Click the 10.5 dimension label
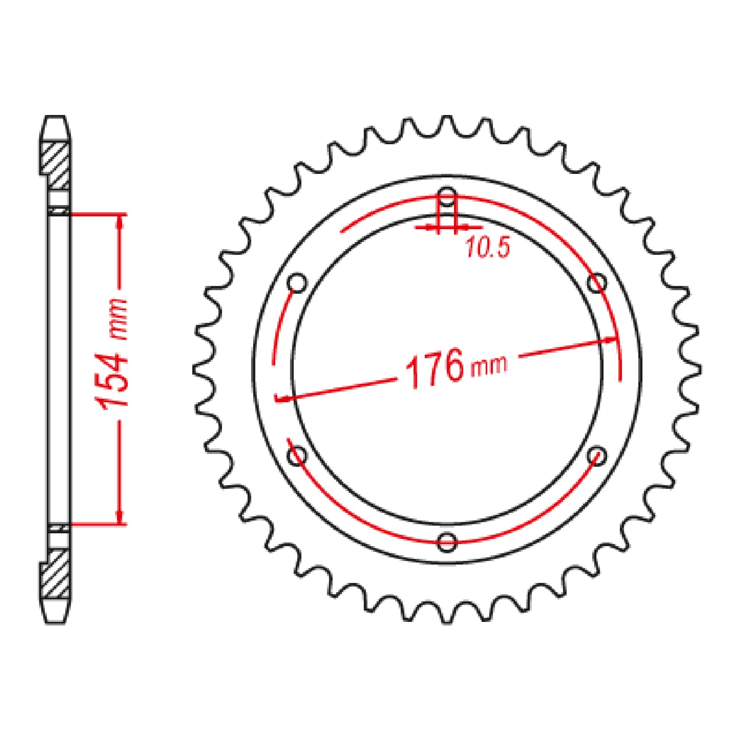pyautogui.click(x=487, y=247)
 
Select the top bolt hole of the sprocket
pyautogui.click(x=447, y=195)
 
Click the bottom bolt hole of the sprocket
pyautogui.click(x=447, y=541)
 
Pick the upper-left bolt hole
pyautogui.click(x=297, y=282)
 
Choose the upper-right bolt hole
pyautogui.click(x=597, y=282)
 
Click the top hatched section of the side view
pyautogui.click(x=58, y=165)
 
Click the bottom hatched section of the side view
pyautogui.click(x=58, y=574)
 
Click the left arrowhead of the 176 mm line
pyautogui.click(x=284, y=398)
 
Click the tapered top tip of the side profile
pyautogui.click(x=56, y=123)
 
